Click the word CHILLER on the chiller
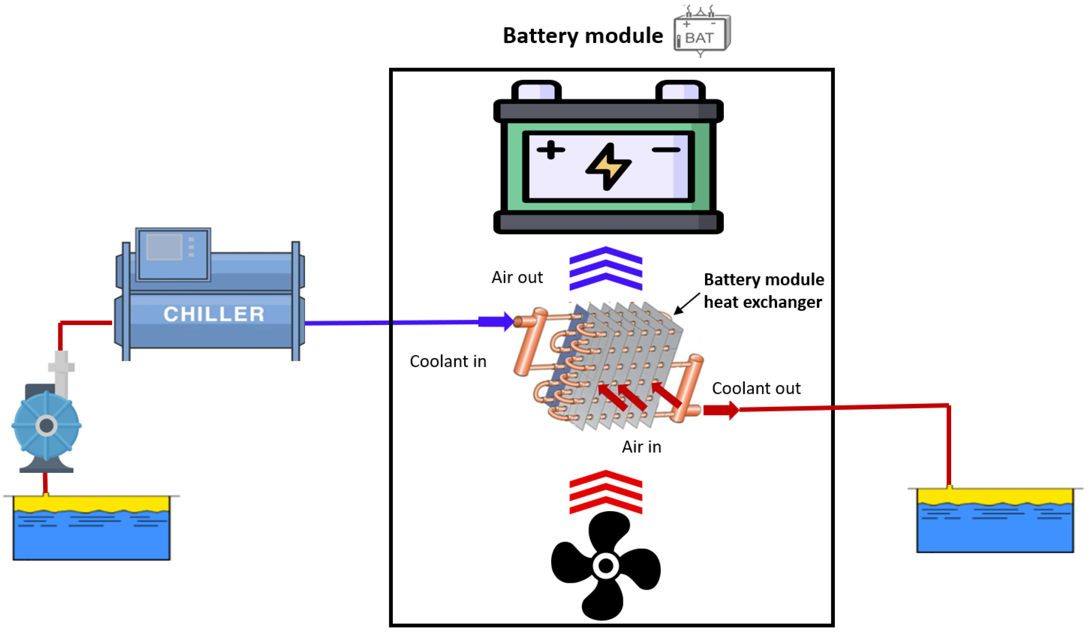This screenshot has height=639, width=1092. pyautogui.click(x=214, y=314)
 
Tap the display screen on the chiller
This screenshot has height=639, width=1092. pyautogui.click(x=164, y=247)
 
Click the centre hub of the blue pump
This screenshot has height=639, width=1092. pyautogui.click(x=46, y=425)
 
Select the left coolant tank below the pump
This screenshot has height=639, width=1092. pyautogui.click(x=91, y=529)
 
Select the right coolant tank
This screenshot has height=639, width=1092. pyautogui.click(x=995, y=521)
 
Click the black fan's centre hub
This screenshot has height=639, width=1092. pyautogui.click(x=606, y=565)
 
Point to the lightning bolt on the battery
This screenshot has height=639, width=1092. pyautogui.click(x=608, y=167)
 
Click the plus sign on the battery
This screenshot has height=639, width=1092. pyautogui.click(x=550, y=150)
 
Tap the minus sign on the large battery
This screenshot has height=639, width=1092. pyautogui.click(x=666, y=150)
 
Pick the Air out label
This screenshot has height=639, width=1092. pyautogui.click(x=517, y=277)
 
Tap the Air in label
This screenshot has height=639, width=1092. pyautogui.click(x=641, y=447)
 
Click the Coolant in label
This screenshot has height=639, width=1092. pyautogui.click(x=448, y=361)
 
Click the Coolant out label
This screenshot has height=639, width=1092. pyautogui.click(x=756, y=388)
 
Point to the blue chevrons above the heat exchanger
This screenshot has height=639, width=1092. pyautogui.click(x=606, y=269)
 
